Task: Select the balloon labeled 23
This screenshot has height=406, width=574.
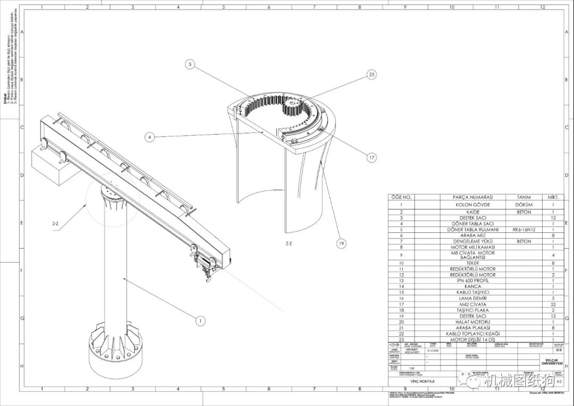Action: [x=372, y=75]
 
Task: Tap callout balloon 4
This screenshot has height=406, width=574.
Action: [x=150, y=137]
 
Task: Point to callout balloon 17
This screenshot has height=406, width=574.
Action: [x=372, y=157]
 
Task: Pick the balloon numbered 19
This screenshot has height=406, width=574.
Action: [x=341, y=243]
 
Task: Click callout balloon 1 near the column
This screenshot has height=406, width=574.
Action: [x=200, y=320]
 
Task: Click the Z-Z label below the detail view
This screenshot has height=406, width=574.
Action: [x=289, y=244]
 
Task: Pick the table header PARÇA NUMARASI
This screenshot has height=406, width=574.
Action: [x=472, y=197]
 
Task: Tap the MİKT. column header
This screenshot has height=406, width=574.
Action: [x=553, y=197]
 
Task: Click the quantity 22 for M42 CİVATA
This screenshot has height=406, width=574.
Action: [x=553, y=304]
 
